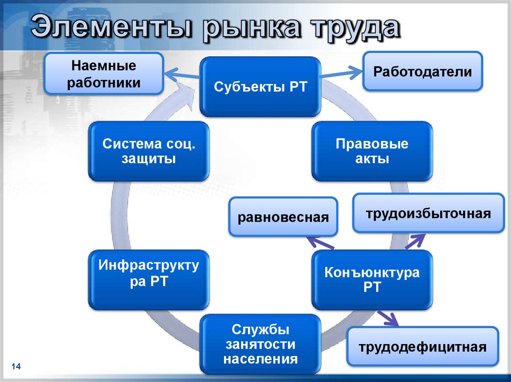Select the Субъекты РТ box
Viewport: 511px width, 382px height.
point(259,87)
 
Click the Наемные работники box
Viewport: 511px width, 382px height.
point(104,74)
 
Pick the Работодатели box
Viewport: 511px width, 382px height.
point(422,71)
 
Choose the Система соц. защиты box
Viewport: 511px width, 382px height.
point(149,151)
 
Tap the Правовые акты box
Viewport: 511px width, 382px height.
point(372,151)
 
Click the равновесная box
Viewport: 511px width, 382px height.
point(283,217)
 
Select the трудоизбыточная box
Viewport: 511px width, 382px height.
point(428,214)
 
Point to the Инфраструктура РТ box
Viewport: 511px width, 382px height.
point(149,279)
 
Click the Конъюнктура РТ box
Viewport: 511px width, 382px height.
point(372,279)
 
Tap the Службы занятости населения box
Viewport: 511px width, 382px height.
point(259,344)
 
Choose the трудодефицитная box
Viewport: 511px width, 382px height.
point(422,347)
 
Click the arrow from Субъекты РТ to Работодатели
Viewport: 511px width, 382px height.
point(341,74)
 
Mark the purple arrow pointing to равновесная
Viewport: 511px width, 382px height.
point(320,244)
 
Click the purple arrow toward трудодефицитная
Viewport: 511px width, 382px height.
point(388,318)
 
